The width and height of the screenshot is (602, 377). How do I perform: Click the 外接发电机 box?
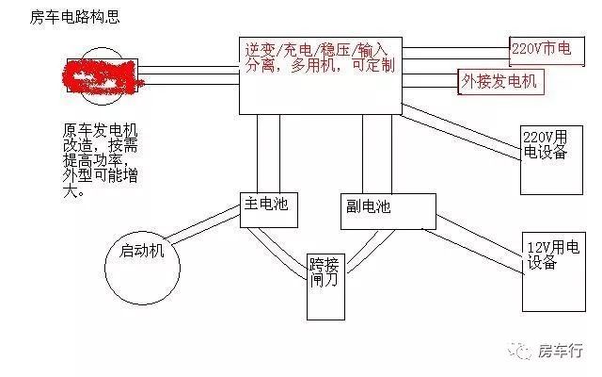[499, 81]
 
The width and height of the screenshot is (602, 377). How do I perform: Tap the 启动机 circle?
[142, 252]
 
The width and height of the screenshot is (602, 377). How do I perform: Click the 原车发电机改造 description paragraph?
[99, 160]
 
